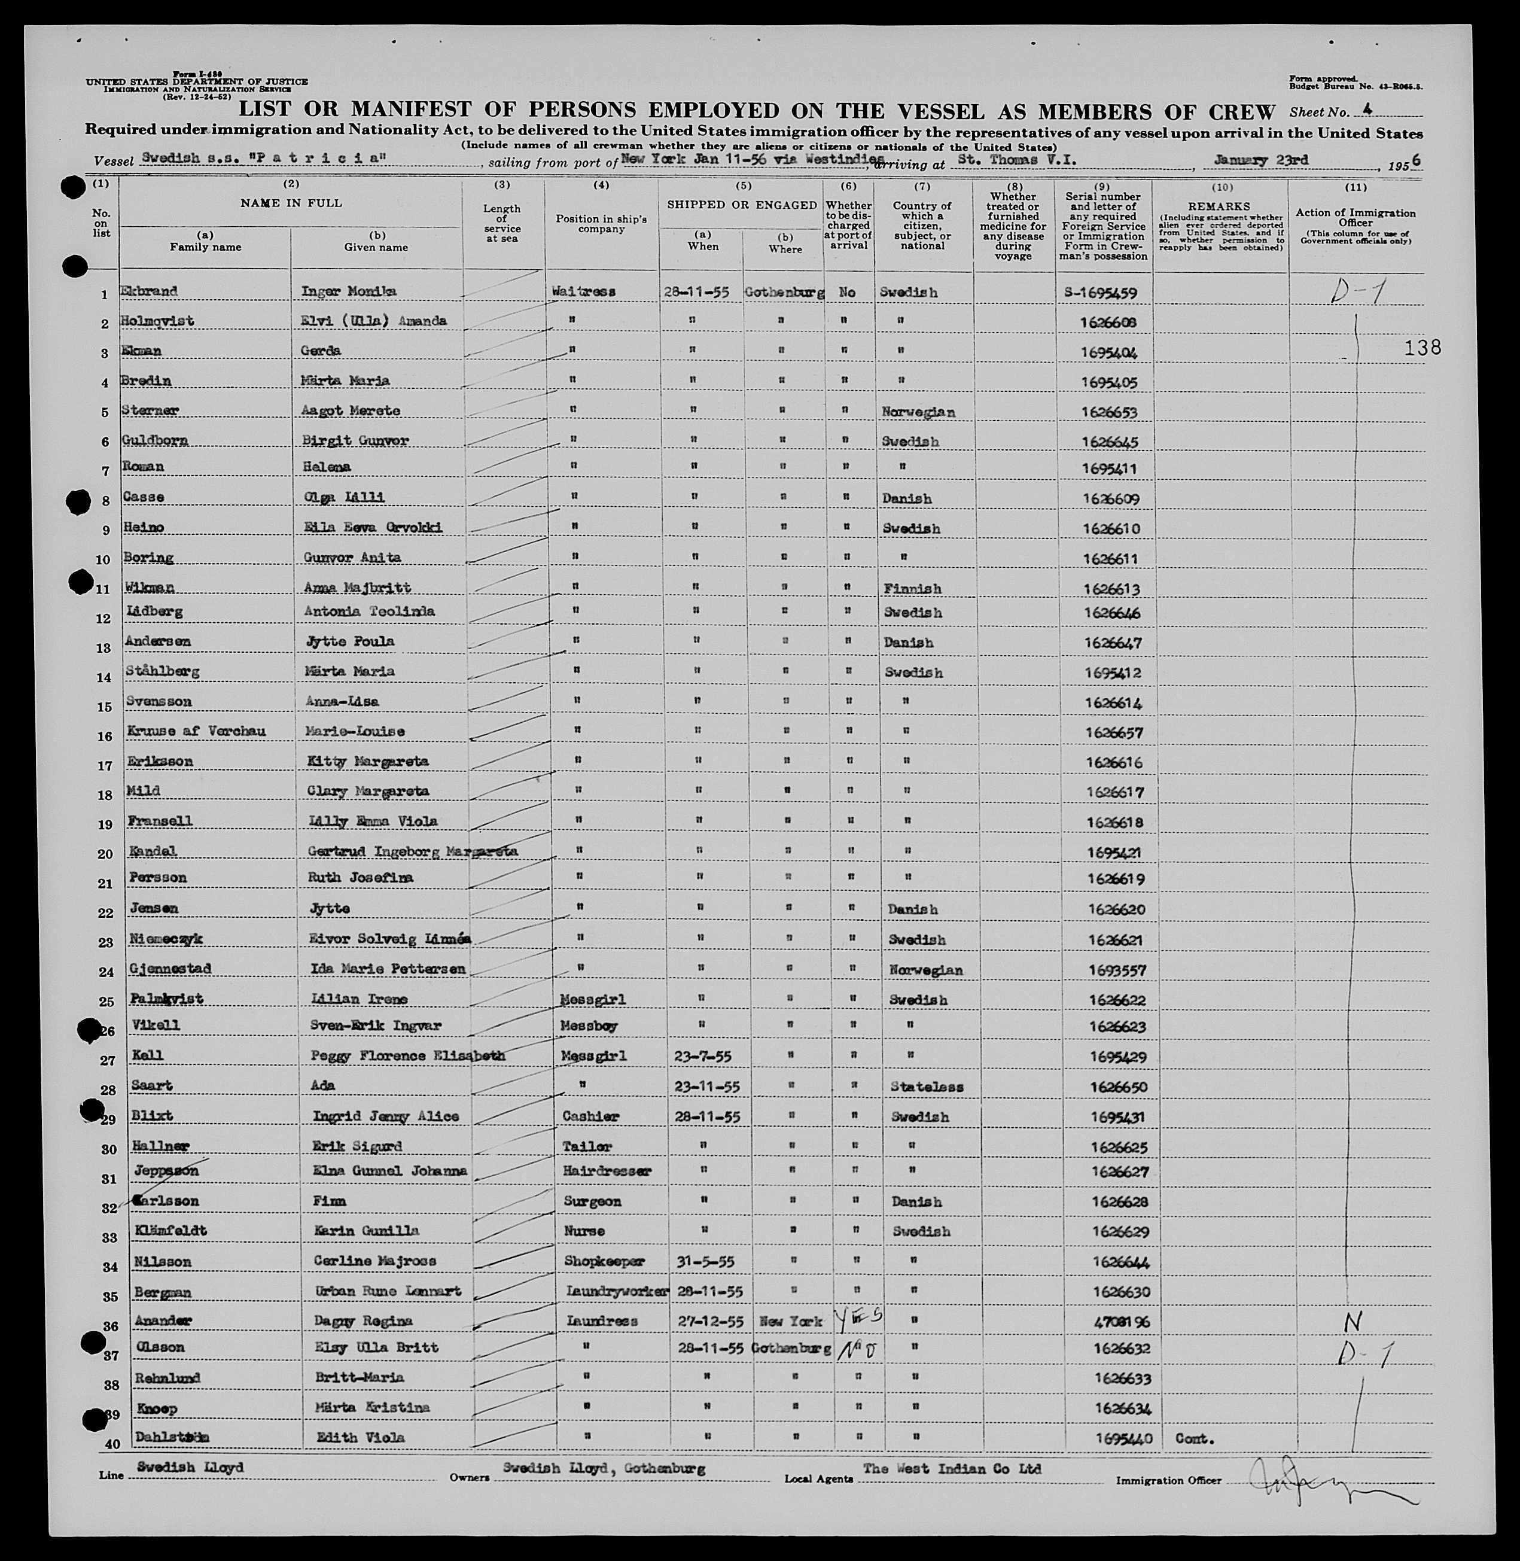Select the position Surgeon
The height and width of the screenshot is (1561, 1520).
point(592,1201)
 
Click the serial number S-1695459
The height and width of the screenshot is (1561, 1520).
point(1100,292)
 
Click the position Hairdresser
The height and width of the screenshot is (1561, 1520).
point(607,1171)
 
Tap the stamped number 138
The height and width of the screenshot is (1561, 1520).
point(1422,348)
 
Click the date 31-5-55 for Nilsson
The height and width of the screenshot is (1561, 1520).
point(700,1262)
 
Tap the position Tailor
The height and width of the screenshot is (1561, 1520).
point(587,1146)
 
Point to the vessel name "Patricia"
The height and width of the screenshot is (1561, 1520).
point(318,159)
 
